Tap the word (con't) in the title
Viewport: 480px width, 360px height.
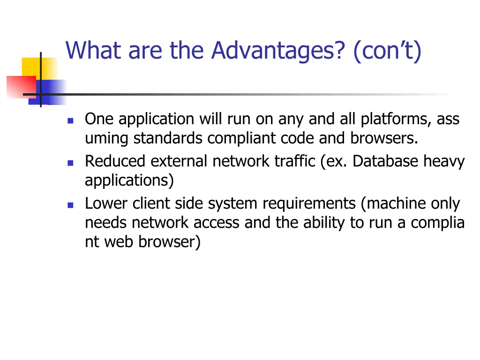[388, 51]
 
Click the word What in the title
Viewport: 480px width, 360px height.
[94, 51]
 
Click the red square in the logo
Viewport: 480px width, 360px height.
[20, 87]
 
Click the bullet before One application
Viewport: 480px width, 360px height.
[70, 120]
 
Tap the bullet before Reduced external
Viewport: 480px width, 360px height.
[70, 163]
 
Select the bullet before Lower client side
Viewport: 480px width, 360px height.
[70, 205]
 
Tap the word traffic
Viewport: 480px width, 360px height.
[297, 161]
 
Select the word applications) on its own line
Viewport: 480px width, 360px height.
[129, 181]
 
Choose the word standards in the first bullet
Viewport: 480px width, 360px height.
[169, 139]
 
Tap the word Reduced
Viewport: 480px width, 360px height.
[115, 161]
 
